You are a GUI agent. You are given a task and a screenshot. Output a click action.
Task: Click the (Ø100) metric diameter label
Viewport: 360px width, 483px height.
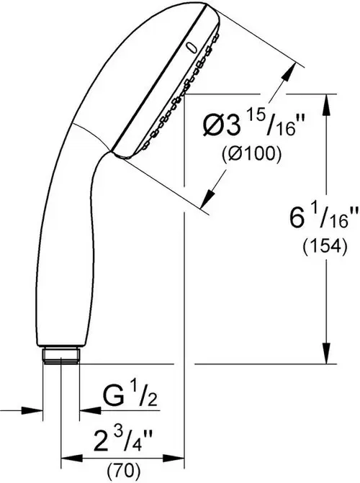pyautogui.click(x=252, y=153)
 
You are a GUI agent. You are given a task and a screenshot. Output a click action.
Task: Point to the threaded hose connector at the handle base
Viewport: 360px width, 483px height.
pyautogui.click(x=60, y=356)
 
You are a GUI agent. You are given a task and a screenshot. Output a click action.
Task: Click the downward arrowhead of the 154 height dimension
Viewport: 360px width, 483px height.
pyautogui.click(x=327, y=353)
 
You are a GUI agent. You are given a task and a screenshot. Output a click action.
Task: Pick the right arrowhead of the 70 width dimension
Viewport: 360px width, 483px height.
pyautogui.click(x=174, y=458)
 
